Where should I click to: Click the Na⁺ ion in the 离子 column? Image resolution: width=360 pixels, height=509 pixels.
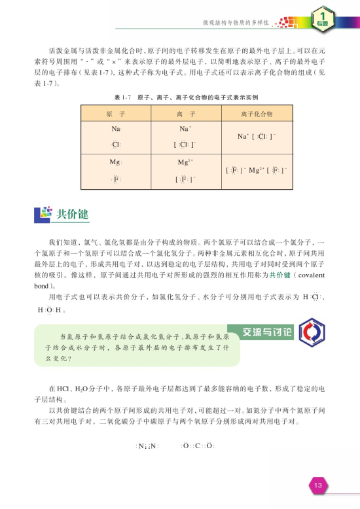(x=184, y=130)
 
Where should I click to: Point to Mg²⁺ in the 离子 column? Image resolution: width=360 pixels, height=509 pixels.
(x=184, y=162)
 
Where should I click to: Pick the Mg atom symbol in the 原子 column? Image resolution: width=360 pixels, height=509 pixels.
(x=116, y=162)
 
